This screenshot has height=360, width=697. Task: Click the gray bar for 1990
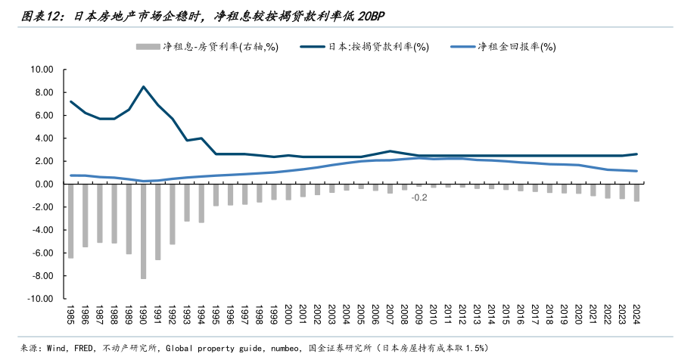(x=143, y=231)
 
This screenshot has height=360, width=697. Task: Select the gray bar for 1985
(x=71, y=221)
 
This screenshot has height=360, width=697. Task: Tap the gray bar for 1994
(x=201, y=203)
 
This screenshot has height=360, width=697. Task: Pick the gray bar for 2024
(x=636, y=192)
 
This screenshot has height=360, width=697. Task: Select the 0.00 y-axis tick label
(x=43, y=185)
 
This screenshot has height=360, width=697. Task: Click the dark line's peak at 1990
(x=143, y=86)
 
